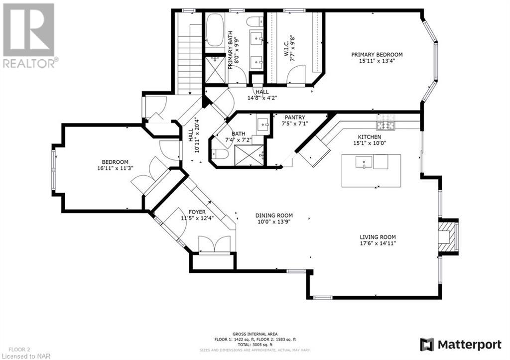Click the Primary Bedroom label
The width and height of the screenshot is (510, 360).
(x=377, y=55)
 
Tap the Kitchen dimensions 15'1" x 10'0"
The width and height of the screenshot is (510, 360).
(x=370, y=143)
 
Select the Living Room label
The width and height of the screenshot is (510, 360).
(x=378, y=237)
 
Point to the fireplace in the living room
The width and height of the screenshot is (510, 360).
(x=448, y=237)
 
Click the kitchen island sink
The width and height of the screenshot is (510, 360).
(x=364, y=162)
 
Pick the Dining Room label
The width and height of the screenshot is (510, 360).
(x=274, y=215)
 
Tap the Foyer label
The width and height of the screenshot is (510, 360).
(x=197, y=212)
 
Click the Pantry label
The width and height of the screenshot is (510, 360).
(x=295, y=117)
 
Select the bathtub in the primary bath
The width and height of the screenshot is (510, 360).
(x=214, y=30)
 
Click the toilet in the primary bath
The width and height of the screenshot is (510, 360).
(x=256, y=21)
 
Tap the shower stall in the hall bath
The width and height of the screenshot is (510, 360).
(x=250, y=156)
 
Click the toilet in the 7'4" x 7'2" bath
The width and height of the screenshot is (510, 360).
(x=219, y=154)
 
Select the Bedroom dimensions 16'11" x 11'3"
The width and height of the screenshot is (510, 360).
(x=115, y=168)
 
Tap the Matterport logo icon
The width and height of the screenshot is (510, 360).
(x=427, y=345)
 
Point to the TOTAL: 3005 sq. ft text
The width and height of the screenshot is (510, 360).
(x=255, y=345)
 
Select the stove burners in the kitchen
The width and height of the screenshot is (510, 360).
(x=386, y=122)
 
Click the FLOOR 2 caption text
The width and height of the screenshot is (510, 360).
(x=19, y=350)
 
